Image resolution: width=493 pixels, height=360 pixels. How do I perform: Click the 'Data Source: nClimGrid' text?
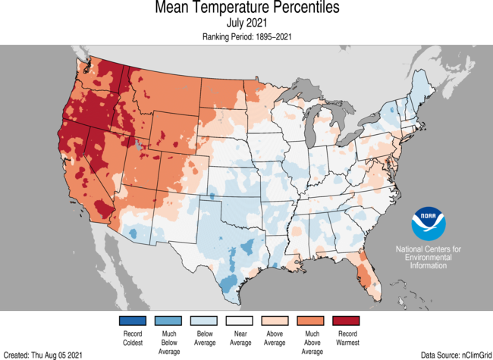(x=454, y=354)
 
